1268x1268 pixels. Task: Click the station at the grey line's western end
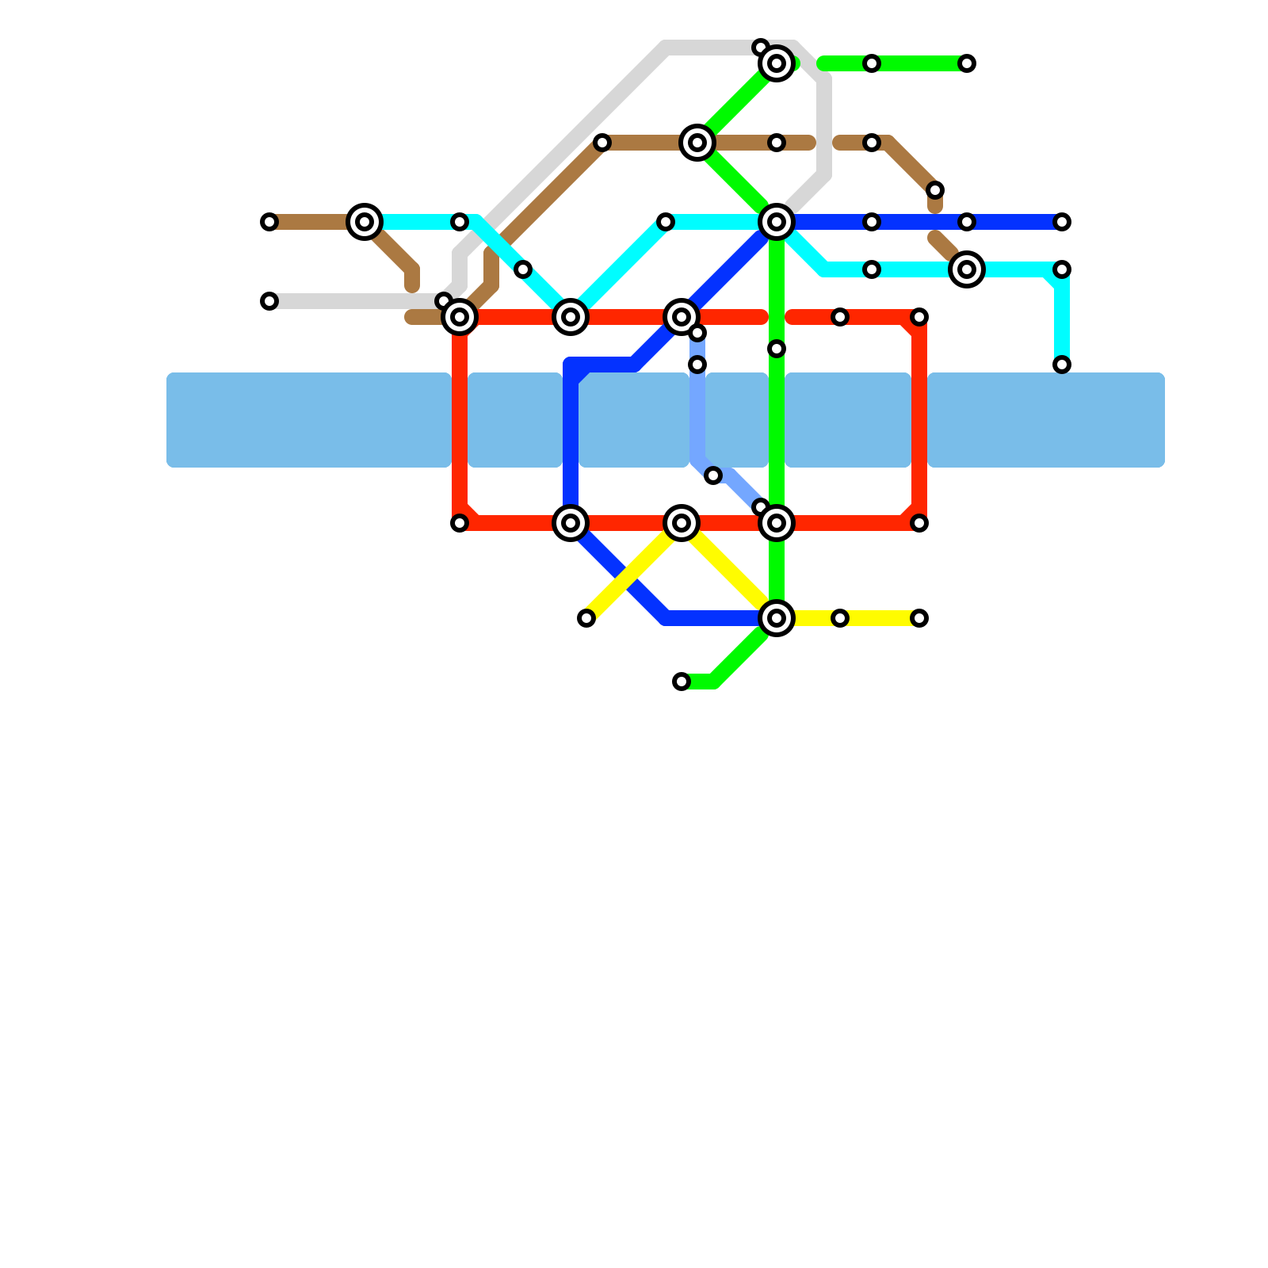coord(269,301)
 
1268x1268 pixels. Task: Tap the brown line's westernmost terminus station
coord(269,222)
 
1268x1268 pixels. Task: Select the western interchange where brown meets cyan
coord(365,222)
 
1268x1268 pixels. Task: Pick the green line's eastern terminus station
coord(967,63)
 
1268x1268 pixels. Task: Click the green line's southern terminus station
coord(682,682)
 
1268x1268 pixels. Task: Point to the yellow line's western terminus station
coord(586,618)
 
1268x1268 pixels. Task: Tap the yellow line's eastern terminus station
coord(919,618)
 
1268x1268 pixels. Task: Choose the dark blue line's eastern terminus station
coord(1062,222)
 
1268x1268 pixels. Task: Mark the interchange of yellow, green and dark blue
coord(777,618)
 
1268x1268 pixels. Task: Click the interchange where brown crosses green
coord(697,143)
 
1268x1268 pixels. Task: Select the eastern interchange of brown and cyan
coord(967,269)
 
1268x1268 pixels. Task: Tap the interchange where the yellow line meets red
coord(682,523)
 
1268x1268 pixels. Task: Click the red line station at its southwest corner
coord(460,523)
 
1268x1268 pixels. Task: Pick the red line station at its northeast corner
coord(919,317)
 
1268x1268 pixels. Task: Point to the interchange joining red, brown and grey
coord(460,317)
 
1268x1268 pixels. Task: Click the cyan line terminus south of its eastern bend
coord(1062,365)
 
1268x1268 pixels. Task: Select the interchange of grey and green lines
coord(777,63)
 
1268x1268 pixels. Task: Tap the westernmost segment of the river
coord(309,420)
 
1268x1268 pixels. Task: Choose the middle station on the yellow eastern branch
coord(840,618)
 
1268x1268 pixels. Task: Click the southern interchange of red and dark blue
coord(571,523)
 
